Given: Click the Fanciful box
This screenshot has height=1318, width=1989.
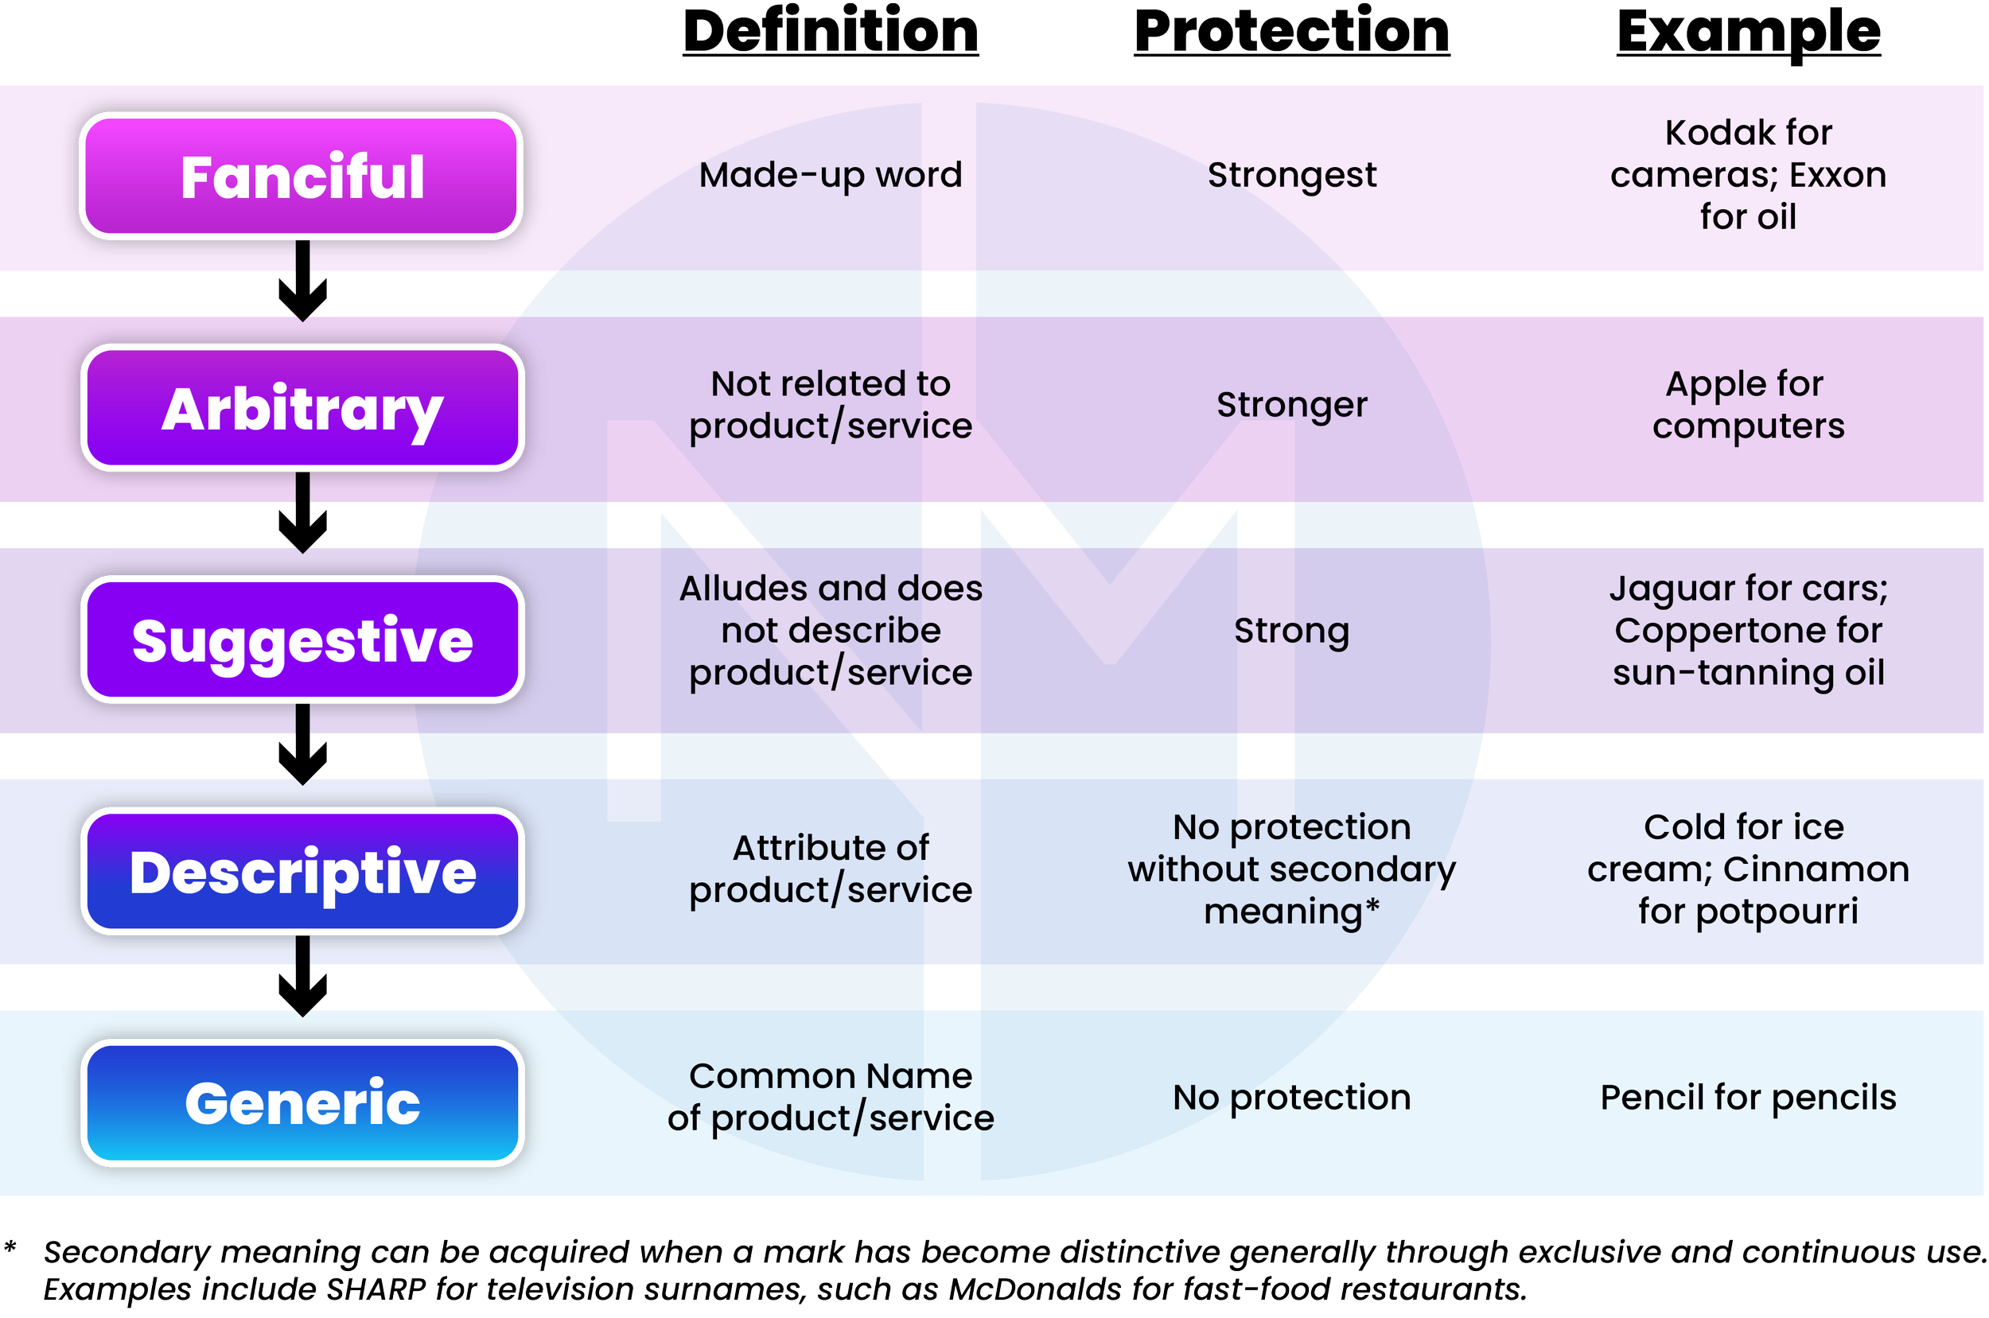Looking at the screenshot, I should tap(302, 177).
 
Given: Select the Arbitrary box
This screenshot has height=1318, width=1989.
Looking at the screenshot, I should tap(302, 409).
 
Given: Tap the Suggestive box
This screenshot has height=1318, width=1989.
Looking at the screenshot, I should tap(302, 640).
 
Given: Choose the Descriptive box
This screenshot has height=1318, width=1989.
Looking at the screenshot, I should tap(302, 872).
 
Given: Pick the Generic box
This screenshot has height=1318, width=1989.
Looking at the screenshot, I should tap(302, 1102).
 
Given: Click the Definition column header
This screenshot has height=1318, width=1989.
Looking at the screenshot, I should tap(831, 32).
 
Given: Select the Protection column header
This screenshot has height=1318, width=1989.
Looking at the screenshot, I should tap(1292, 32).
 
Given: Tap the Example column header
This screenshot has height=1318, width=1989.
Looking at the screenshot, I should tap(1749, 32).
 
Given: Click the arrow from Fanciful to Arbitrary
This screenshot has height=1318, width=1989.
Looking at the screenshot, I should tap(302, 282).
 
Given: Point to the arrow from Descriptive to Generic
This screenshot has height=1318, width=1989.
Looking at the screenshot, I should tap(302, 977).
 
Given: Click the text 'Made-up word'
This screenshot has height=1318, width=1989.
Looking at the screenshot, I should tap(831, 175).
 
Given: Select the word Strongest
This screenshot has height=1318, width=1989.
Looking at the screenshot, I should tap(1292, 175).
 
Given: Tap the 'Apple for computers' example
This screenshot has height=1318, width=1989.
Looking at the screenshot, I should tap(1749, 405).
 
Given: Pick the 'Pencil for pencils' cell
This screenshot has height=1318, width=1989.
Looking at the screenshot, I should tap(1749, 1097).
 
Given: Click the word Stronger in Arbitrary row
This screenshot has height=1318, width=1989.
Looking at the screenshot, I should tap(1292, 405).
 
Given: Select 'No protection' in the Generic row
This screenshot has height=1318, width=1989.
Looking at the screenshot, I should tap(1292, 1097).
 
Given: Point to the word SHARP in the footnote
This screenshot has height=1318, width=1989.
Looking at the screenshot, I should tap(376, 1289).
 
